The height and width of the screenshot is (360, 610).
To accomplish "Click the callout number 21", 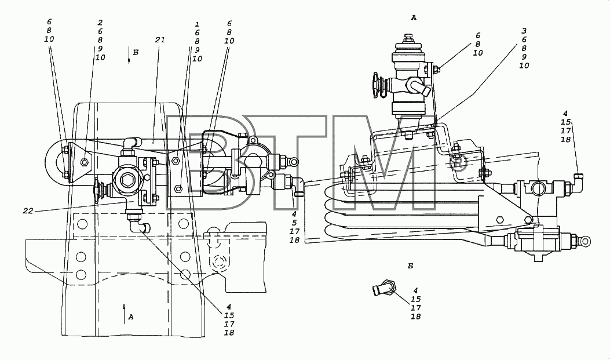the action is (x=160, y=39).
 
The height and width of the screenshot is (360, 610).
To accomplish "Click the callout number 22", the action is (x=28, y=211).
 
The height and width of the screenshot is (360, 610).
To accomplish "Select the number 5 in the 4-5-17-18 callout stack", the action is (x=294, y=223).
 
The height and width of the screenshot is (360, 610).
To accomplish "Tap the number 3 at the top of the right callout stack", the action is (x=524, y=31).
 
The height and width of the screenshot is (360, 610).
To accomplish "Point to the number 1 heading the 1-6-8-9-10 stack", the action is (x=197, y=24).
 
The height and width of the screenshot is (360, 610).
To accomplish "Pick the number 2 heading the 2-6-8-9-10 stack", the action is (x=100, y=23).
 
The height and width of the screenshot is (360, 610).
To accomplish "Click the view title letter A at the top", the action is (x=414, y=17).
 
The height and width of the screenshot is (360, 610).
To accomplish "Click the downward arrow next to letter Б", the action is (x=129, y=56).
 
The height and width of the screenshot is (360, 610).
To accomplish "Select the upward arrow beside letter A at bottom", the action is (x=125, y=314).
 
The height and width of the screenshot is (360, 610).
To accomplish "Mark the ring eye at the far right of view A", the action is (x=585, y=242).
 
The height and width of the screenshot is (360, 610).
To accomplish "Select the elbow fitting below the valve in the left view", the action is (x=139, y=224).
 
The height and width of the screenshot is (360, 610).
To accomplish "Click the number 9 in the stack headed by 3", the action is (x=524, y=57).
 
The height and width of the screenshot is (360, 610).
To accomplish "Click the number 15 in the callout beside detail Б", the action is (x=415, y=299).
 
